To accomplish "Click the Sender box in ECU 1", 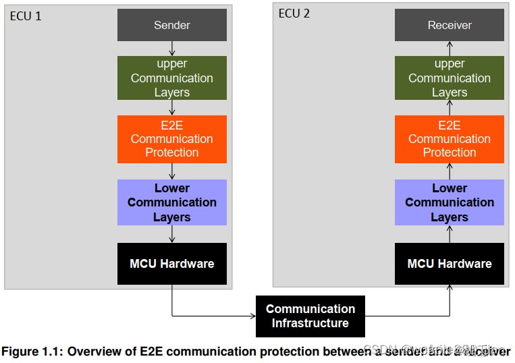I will pos(171,26).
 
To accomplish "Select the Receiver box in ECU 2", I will pos(450,26).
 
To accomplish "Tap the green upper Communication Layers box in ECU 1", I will pos(171,78).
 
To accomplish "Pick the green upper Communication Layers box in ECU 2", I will pos(450,78).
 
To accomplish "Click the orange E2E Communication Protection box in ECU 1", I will pos(171,139).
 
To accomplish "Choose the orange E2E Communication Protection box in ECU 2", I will pos(450,139).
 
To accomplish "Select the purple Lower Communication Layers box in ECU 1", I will pos(171,202).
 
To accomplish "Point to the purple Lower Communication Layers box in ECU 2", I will pos(450,202).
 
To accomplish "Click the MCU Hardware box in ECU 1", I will pos(171,263).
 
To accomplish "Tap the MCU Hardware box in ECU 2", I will pos(450,263).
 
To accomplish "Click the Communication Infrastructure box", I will pos(310,316).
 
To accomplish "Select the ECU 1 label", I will pos(26,16).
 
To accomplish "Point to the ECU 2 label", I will pos(294,13).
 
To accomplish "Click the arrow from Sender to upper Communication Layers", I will pos(172,49).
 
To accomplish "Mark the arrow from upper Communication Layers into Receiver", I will pos(450,49).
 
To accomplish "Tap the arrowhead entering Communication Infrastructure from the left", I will pos(252,316).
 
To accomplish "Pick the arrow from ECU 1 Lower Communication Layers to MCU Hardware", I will pos(172,234).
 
